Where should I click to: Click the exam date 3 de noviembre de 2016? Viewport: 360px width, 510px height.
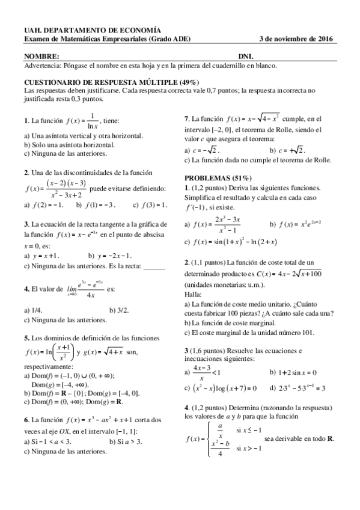[297, 39]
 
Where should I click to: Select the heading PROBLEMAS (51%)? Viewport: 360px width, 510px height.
[218, 179]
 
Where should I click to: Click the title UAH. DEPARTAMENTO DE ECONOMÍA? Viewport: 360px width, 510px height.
[93, 29]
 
